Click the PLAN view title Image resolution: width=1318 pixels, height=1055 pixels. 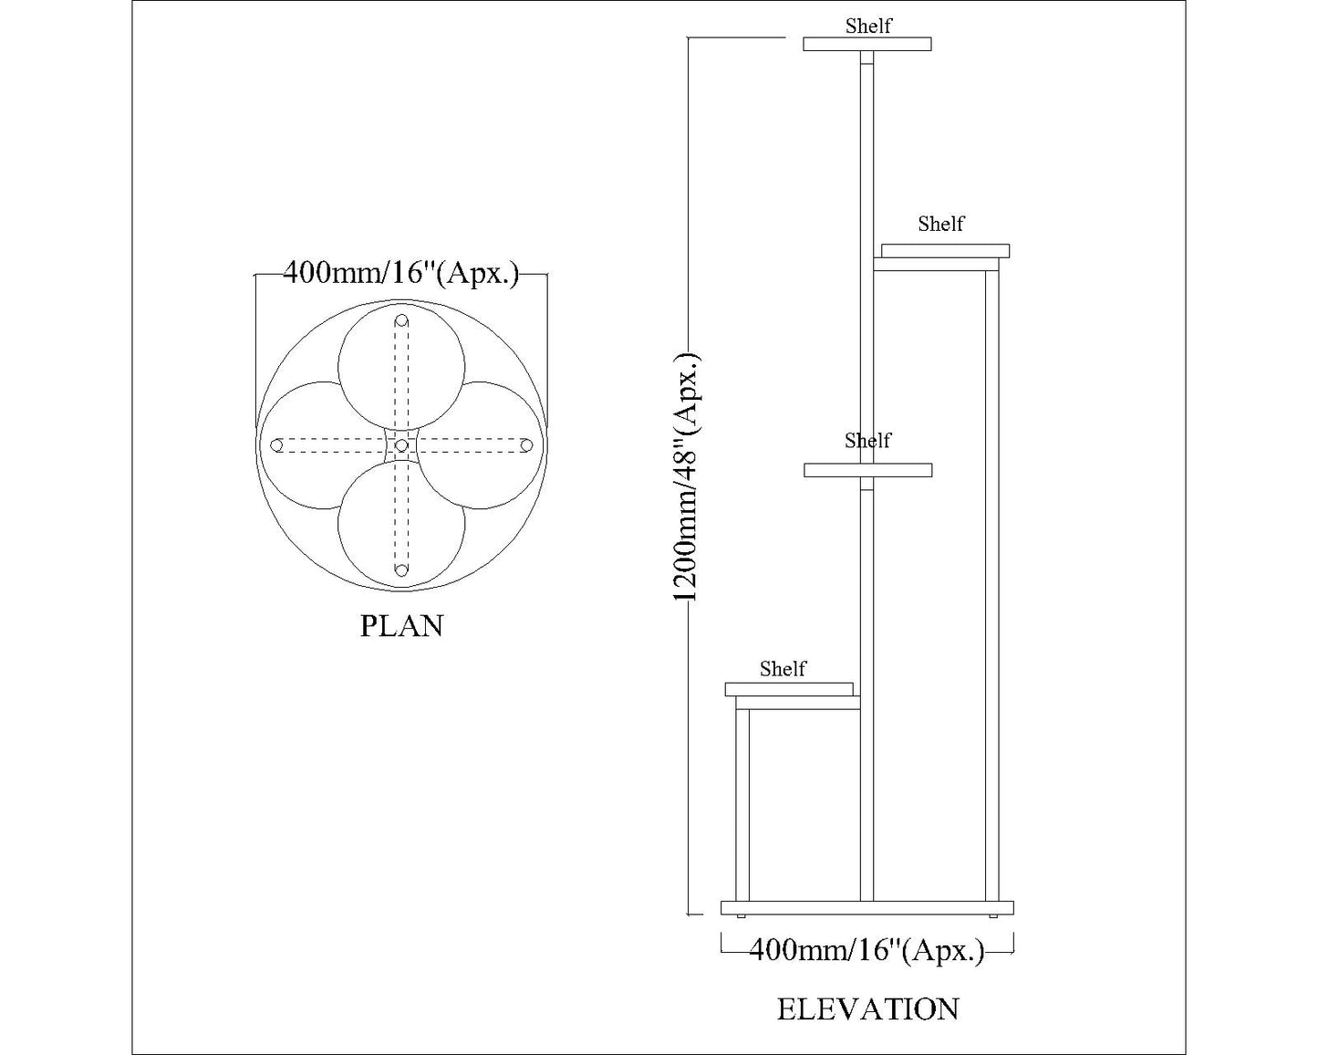[x=401, y=626]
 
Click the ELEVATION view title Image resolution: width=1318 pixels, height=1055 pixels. [x=867, y=1009]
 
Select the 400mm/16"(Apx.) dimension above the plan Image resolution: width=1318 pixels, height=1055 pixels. [x=400, y=273]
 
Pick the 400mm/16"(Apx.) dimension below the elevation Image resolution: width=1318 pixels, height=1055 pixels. [x=867, y=951]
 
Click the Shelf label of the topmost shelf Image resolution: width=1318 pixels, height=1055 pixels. [x=867, y=26]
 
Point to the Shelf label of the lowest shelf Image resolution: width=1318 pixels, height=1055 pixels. [x=783, y=669]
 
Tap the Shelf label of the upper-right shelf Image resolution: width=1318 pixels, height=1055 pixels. [x=940, y=224]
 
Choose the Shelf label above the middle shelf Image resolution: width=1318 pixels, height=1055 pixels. [x=867, y=440]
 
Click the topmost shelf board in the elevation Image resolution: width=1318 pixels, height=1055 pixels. [x=867, y=44]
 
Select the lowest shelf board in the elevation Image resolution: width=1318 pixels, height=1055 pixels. [x=789, y=689]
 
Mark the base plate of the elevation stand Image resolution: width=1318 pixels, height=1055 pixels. [x=867, y=908]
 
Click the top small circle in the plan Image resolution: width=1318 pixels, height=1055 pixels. [x=401, y=321]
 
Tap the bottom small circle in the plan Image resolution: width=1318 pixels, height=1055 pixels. [x=400, y=570]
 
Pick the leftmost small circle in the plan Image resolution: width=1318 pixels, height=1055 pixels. [x=277, y=445]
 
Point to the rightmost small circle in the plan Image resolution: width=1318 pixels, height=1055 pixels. [x=525, y=445]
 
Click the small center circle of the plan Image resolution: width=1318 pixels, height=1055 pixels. [x=401, y=445]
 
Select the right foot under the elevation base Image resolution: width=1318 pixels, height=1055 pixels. [x=992, y=915]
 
